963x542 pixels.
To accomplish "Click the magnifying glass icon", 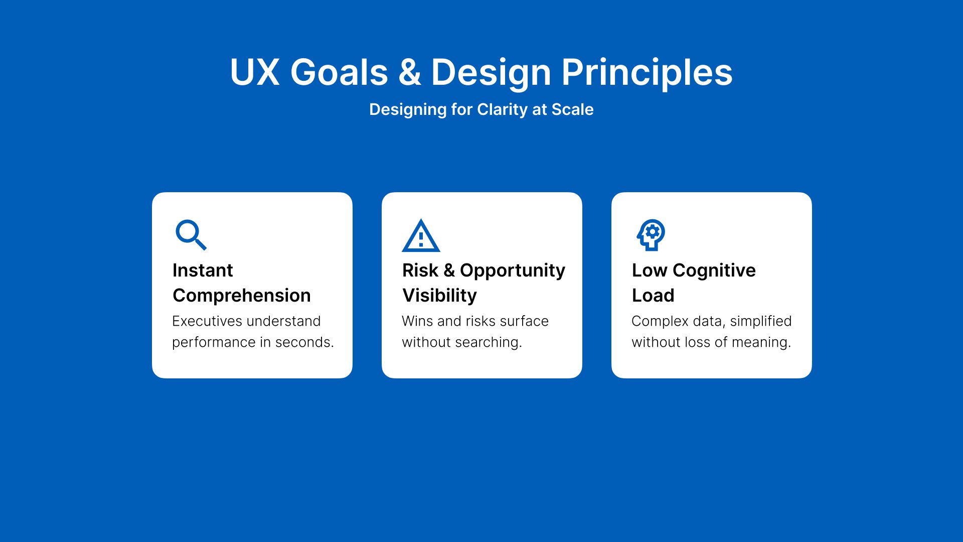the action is pyautogui.click(x=190, y=234).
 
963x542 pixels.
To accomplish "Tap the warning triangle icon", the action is pyautogui.click(x=421, y=235).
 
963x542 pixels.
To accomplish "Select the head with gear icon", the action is pyautogui.click(x=651, y=235).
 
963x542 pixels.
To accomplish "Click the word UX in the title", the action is pyautogui.click(x=254, y=72).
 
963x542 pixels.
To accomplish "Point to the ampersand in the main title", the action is pyautogui.click(x=410, y=72).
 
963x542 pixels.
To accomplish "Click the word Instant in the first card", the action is pyautogui.click(x=203, y=270).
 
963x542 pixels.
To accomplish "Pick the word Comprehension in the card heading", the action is pyautogui.click(x=242, y=296).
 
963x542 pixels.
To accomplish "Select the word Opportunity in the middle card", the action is pyautogui.click(x=513, y=271).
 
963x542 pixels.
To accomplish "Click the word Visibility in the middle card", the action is pyautogui.click(x=439, y=295).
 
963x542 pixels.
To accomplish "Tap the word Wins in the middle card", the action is pyautogui.click(x=417, y=321).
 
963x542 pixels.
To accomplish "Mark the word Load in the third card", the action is pyautogui.click(x=653, y=295).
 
